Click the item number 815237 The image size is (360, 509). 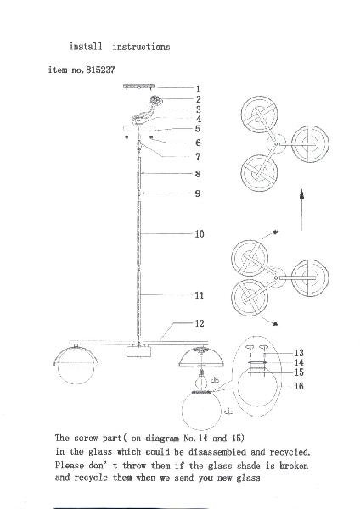click(x=100, y=70)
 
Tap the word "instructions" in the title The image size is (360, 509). click(x=141, y=47)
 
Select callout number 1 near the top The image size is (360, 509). click(x=198, y=88)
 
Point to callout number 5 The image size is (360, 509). click(x=198, y=129)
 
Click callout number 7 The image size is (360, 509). click(x=198, y=157)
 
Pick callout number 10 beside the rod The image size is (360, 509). click(x=200, y=234)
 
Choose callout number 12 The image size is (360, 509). click(x=200, y=323)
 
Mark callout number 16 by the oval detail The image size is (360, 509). click(x=299, y=386)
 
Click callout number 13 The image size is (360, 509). click(x=299, y=353)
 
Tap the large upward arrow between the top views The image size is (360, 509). click(x=302, y=210)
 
